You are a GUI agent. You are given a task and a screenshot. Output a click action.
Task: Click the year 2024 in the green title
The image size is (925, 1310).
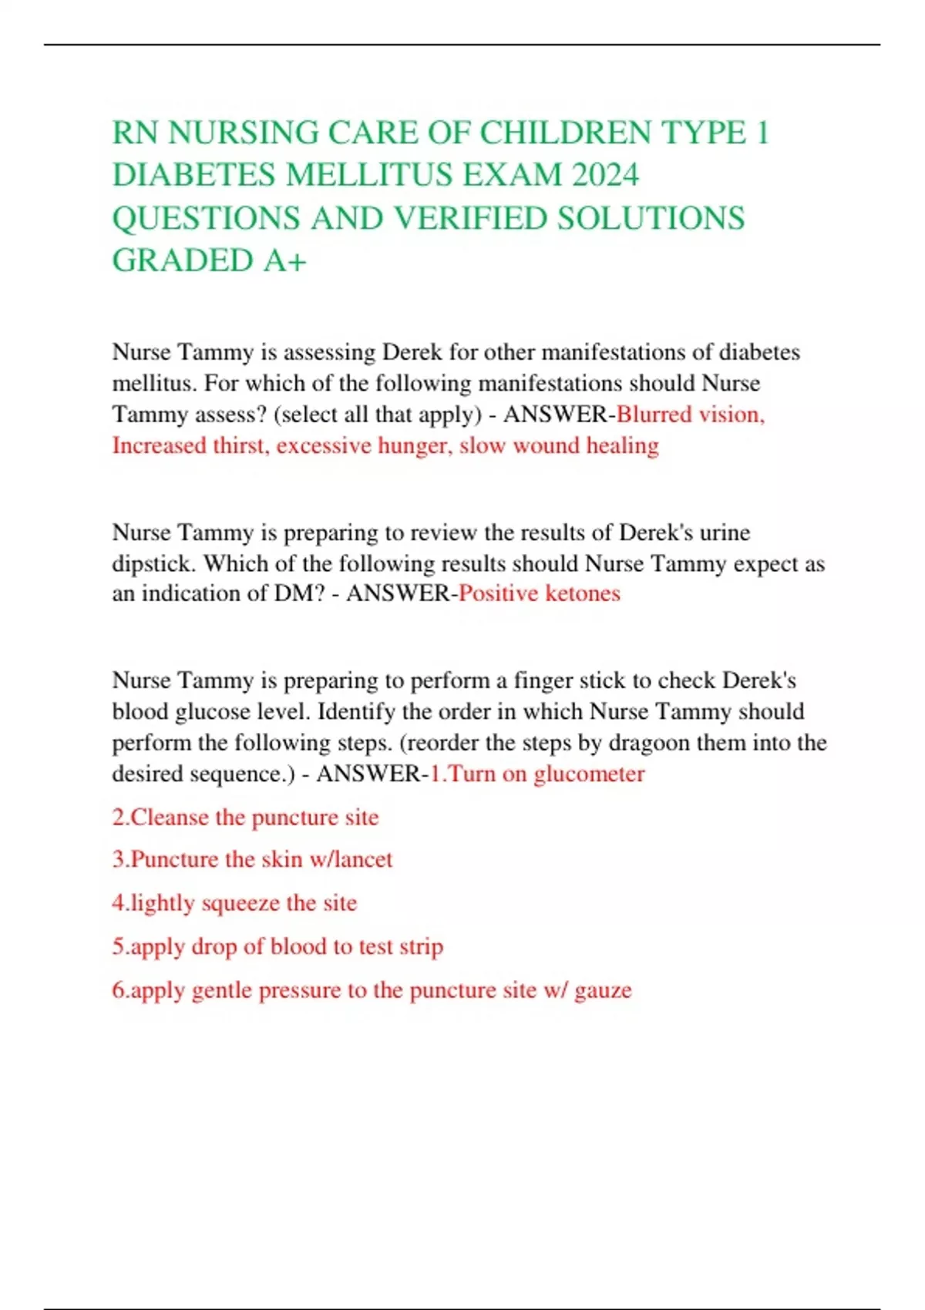coord(605,175)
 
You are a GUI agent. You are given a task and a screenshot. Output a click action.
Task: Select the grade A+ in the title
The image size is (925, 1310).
coord(286,260)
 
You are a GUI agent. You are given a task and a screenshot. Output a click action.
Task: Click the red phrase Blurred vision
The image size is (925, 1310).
coord(689,415)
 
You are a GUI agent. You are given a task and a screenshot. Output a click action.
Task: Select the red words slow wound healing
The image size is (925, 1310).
coord(559,445)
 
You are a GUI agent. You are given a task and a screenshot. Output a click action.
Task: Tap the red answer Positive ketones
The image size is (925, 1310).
coord(540,593)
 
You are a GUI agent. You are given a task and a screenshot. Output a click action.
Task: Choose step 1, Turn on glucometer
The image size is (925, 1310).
coord(538,774)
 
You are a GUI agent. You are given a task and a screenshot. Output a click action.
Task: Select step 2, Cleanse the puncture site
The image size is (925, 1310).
coord(246,817)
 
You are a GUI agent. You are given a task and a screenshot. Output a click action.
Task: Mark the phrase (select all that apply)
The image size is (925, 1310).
coord(378,415)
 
